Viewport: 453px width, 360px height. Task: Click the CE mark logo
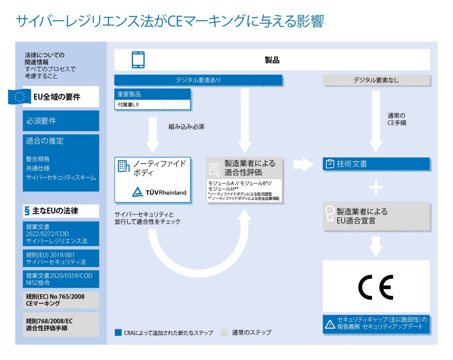[376, 287]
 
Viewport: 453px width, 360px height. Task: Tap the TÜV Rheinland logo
[160, 192]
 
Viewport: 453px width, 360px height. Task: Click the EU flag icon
[19, 97]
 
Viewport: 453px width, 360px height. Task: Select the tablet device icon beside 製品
[138, 60]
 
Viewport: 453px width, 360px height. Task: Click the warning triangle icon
[330, 324]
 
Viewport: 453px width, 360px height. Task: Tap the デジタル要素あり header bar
[198, 80]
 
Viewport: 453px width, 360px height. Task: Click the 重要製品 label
[130, 94]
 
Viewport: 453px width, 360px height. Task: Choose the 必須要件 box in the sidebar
[61, 121]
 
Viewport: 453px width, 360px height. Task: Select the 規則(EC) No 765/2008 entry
[61, 300]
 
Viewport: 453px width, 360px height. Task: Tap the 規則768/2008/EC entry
[61, 324]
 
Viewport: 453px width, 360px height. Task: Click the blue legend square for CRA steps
[118, 333]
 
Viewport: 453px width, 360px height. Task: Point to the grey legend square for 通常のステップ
[225, 333]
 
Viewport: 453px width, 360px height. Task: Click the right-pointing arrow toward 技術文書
[303, 165]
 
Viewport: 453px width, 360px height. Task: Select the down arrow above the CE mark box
[376, 246]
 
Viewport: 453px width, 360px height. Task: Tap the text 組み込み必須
[186, 126]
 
